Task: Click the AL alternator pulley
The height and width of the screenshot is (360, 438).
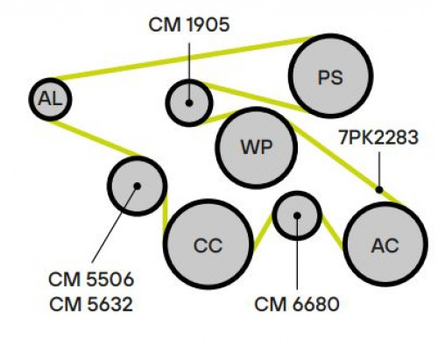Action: pos(50,99)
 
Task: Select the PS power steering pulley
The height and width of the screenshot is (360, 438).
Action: pos(330,76)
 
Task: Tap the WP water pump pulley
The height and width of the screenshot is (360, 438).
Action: pos(257,147)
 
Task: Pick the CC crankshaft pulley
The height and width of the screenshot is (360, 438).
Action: pos(208,244)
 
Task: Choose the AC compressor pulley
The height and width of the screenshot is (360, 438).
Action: pos(385,244)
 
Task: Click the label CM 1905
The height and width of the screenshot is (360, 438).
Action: pos(189,25)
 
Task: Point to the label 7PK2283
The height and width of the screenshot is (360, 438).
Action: pos(378,138)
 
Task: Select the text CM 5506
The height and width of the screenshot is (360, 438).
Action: pos(91,279)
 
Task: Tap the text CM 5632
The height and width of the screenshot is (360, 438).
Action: pos(91,304)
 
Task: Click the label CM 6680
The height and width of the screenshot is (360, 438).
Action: pos(297,304)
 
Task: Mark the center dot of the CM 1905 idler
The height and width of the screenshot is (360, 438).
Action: pos(189,102)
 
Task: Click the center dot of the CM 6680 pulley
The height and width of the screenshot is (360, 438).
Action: pos(297,215)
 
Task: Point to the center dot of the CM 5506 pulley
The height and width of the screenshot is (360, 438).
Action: pos(138,186)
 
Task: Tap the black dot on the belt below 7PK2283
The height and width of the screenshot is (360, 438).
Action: pos(379,190)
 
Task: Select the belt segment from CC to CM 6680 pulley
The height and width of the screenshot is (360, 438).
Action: pos(264,232)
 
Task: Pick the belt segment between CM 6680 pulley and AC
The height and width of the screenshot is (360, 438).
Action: pos(332,233)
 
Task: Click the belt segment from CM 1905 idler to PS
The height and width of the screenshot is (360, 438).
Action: pos(257,98)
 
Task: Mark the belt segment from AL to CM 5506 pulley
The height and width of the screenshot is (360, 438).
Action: pos(95,138)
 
